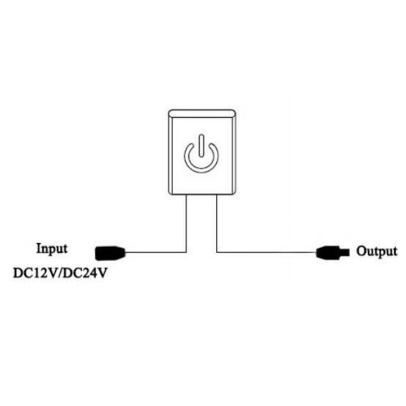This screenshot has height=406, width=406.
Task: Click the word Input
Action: point(51,249)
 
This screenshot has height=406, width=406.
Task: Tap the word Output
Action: point(376,251)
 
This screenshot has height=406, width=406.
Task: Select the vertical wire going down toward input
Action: point(186,223)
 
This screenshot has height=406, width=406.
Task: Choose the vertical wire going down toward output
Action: point(217,223)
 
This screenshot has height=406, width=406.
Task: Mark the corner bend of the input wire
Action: point(186,251)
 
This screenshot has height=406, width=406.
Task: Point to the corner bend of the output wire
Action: point(217,251)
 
